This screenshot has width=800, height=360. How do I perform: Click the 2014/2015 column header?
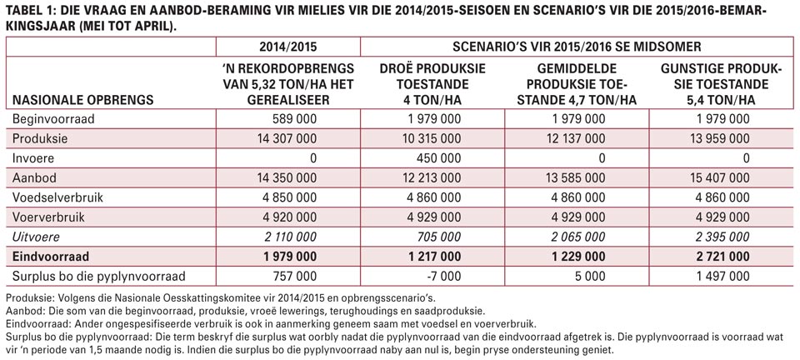point(287,47)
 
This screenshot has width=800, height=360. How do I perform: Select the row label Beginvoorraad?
point(47,119)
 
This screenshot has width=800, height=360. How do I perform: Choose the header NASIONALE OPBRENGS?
point(83,100)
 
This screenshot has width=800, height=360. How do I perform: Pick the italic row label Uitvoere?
point(36,237)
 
